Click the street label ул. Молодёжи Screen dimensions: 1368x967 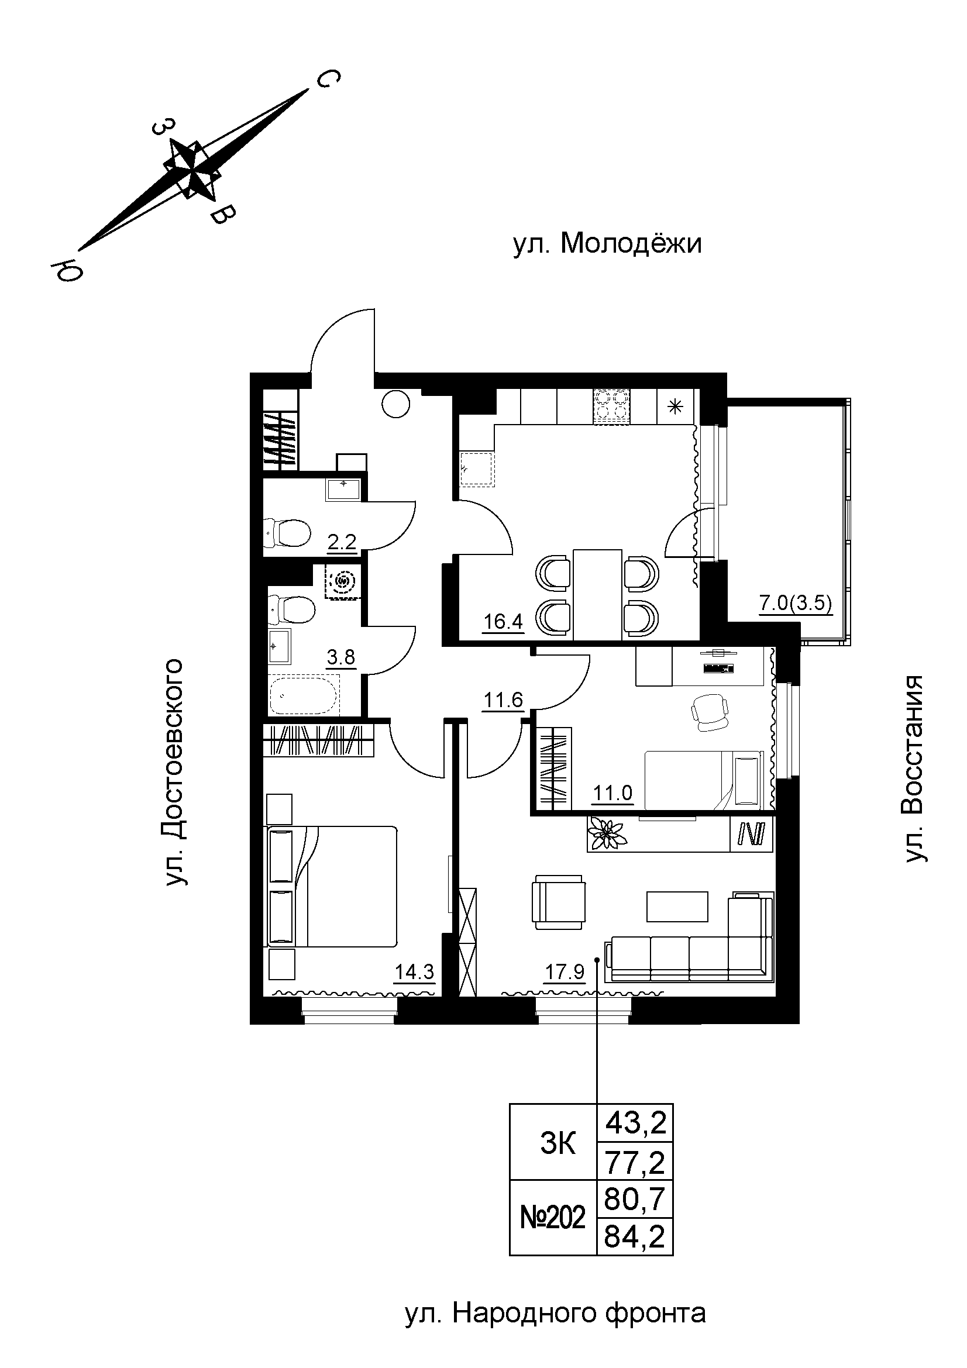coord(607,244)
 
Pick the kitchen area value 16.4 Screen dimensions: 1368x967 coord(503,623)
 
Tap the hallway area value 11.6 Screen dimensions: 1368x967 coord(504,700)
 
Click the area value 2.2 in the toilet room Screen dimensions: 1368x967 coord(342,542)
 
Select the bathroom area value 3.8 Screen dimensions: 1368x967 coord(341,658)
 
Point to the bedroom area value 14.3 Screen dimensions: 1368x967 coord(415,973)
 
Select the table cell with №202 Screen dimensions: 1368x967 coord(553,1218)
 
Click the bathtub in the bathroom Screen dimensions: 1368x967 coord(304,695)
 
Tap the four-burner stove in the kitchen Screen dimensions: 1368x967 coord(611,406)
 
